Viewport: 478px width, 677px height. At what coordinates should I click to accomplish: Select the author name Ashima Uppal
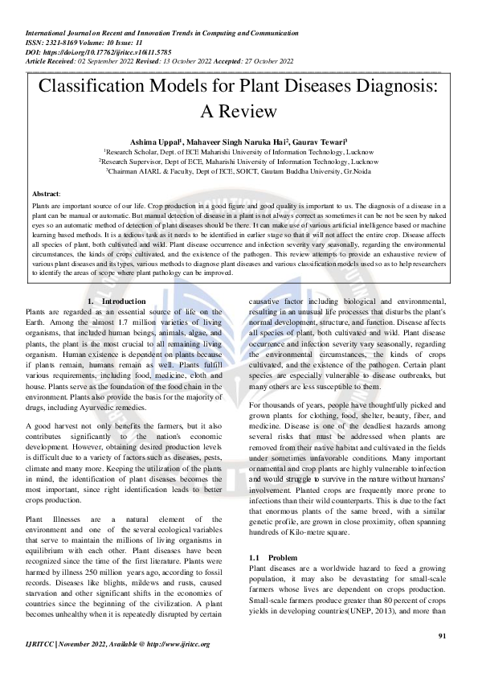(x=155, y=142)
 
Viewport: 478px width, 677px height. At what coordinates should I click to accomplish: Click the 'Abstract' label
(x=45, y=195)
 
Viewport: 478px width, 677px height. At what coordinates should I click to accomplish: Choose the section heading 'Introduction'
(x=125, y=301)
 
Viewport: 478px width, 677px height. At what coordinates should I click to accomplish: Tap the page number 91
(x=441, y=636)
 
